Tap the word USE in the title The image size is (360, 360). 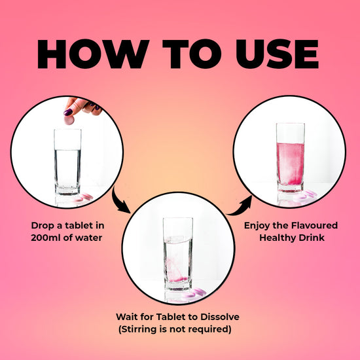tap(277, 54)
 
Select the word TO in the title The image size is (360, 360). tap(192, 54)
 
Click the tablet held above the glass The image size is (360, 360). tap(69, 120)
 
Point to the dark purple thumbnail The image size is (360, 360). tap(68, 112)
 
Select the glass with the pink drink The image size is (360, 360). tap(291, 158)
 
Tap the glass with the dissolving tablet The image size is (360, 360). tap(177, 254)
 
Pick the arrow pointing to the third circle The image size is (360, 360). tap(241, 207)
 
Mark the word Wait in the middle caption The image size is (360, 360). tap(126, 317)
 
